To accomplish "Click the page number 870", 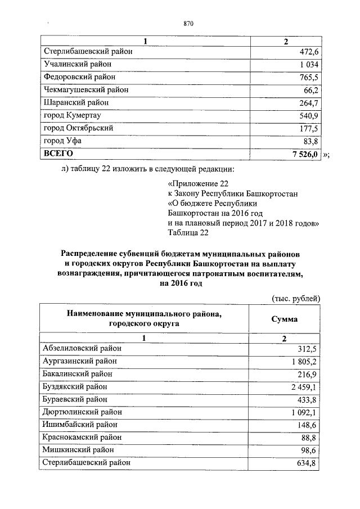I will coord(188,23).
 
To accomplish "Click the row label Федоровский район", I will coord(79,78).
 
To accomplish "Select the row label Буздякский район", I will coord(75,386).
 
